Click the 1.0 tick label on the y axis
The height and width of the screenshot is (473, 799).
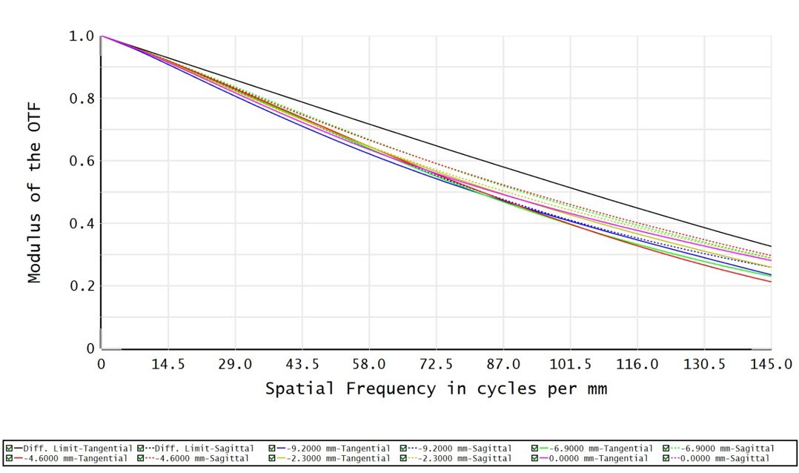(x=81, y=36)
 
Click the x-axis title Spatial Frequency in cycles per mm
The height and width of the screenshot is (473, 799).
(x=436, y=388)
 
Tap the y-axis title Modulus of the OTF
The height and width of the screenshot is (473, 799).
(x=34, y=193)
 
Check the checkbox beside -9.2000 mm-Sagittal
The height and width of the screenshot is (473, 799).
(x=404, y=449)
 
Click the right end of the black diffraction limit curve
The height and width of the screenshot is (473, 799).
(x=770, y=246)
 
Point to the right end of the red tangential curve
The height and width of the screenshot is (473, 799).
(x=770, y=281)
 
